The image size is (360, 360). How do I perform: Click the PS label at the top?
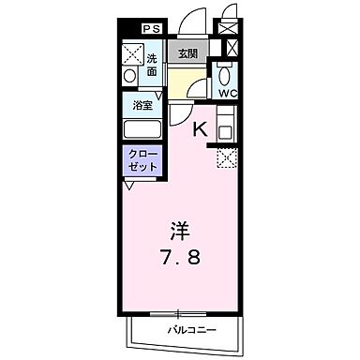[x=150, y=28]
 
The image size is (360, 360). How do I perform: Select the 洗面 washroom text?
[x=152, y=65]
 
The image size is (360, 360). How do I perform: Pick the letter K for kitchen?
[x=199, y=130]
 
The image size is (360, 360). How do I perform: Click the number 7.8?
[x=179, y=256]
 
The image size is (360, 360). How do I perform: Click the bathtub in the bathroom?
[x=142, y=129]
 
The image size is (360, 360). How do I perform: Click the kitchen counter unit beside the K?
[x=226, y=125]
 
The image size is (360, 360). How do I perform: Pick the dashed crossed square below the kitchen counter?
[x=226, y=158]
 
